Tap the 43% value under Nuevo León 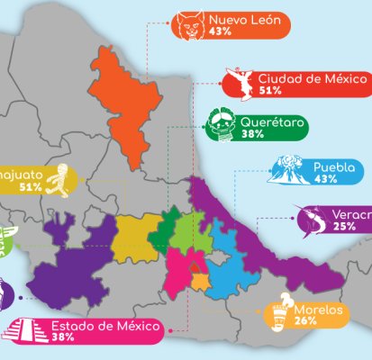[219, 30]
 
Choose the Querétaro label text [272, 121]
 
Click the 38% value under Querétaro [252, 134]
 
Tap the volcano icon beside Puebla [290, 173]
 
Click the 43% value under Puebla [325, 179]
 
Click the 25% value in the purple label [343, 227]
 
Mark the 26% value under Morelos [304, 320]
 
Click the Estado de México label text [105, 326]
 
